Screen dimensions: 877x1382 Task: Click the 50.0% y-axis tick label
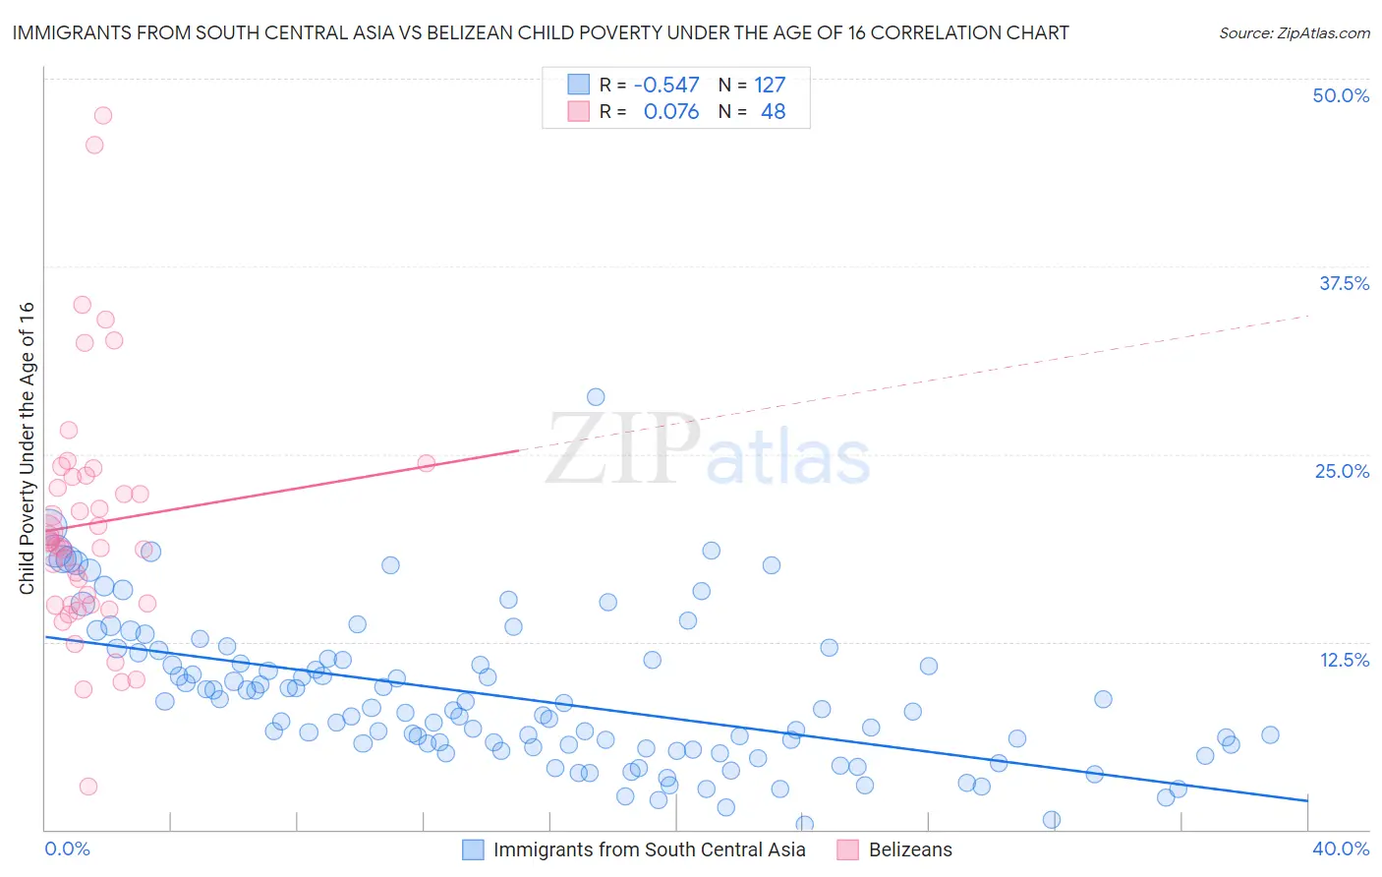coord(1341,95)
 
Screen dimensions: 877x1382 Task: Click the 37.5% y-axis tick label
coord(1344,283)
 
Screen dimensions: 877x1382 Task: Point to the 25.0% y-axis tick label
coord(1342,471)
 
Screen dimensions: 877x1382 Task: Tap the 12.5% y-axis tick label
coord(1344,660)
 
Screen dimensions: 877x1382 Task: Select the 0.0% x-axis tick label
coord(67,848)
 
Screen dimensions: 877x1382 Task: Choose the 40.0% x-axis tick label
coord(1341,848)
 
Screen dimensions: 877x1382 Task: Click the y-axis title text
coord(27,447)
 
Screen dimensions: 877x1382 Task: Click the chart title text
coord(540,32)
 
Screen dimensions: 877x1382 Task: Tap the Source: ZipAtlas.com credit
coord(1294,32)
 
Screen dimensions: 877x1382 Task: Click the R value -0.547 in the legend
coord(666,86)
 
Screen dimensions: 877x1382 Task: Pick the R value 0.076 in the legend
coord(670,112)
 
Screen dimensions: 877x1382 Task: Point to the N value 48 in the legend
coord(773,112)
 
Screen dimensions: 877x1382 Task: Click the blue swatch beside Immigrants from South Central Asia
coord(473,849)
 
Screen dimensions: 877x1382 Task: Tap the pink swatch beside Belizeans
coord(847,849)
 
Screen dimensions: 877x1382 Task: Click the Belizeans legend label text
coord(910,849)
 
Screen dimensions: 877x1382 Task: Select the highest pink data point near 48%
coord(102,115)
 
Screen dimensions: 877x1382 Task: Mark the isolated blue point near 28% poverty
coord(596,397)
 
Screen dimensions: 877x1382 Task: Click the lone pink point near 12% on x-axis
coord(427,463)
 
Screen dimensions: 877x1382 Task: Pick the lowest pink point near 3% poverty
coord(88,787)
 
